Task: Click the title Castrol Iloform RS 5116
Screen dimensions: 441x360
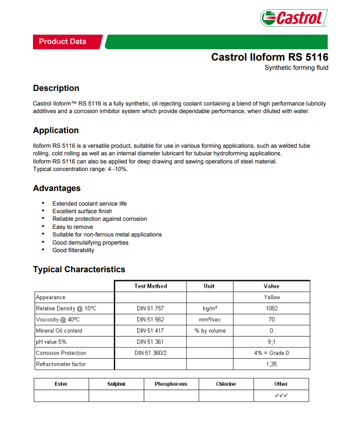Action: point(269,57)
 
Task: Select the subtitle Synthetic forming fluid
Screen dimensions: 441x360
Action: point(296,68)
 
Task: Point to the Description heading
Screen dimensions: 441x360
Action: point(56,88)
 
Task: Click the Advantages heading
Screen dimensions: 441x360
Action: point(57,188)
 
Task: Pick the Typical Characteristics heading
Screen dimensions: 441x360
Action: point(79,269)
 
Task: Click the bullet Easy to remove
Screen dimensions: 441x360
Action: point(72,227)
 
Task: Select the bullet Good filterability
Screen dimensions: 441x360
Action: point(73,250)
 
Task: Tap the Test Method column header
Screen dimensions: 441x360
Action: point(150,286)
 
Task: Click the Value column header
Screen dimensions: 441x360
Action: point(271,286)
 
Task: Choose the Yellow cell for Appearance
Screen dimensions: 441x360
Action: point(271,297)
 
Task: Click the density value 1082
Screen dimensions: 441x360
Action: point(271,308)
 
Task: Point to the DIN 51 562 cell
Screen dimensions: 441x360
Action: point(150,320)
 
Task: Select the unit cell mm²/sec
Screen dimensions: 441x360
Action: point(209,320)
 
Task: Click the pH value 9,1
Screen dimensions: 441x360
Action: point(271,342)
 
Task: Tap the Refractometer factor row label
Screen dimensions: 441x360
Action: point(61,364)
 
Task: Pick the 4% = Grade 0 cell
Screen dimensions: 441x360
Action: point(271,353)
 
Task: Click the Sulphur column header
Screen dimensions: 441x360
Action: point(116,384)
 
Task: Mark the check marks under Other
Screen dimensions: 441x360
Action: point(281,396)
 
